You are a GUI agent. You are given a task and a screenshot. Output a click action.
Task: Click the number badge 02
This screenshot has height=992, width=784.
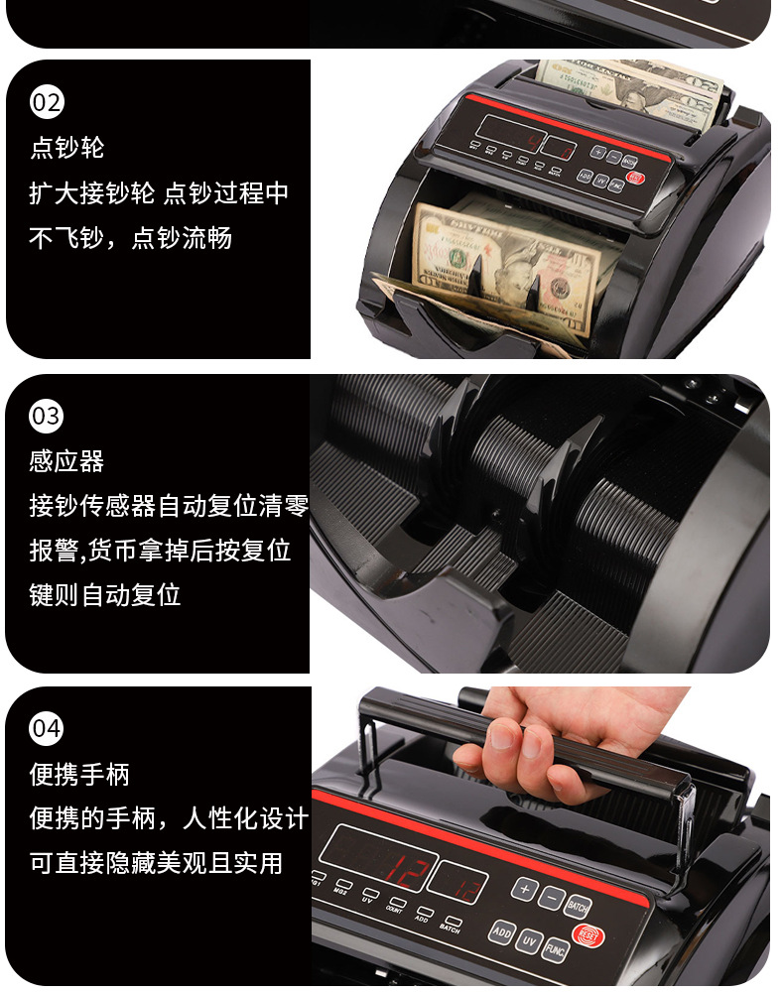tap(47, 102)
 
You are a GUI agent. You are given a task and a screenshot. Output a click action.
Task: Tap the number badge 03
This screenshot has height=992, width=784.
tap(47, 416)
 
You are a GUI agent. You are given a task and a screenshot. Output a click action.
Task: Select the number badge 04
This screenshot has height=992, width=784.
tap(47, 729)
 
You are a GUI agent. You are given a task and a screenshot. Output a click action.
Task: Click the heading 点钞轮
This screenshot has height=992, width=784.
tap(67, 149)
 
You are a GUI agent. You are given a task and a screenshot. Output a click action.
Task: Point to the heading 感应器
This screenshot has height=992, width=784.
tap(67, 461)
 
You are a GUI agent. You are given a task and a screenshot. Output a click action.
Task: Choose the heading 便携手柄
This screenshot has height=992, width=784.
tap(79, 775)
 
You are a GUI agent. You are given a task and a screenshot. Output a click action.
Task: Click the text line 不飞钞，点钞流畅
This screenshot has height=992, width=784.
tap(130, 238)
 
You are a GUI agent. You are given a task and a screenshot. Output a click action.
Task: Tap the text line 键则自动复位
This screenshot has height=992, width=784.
tap(105, 595)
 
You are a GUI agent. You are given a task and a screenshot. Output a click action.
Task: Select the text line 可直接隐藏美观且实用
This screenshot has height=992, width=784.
tap(156, 863)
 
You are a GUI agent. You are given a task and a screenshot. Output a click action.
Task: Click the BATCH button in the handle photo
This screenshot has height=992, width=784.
tap(577, 905)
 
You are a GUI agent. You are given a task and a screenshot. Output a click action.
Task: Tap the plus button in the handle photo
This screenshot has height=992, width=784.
tap(523, 888)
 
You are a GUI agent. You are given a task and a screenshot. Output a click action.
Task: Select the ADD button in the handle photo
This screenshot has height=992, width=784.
tap(501, 932)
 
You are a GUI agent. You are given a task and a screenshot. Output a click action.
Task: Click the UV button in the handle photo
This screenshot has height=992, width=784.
tap(529, 940)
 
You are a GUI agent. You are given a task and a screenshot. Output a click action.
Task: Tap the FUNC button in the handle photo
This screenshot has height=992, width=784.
tap(556, 949)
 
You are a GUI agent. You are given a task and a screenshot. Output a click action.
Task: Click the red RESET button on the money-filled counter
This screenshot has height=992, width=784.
tap(636, 180)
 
